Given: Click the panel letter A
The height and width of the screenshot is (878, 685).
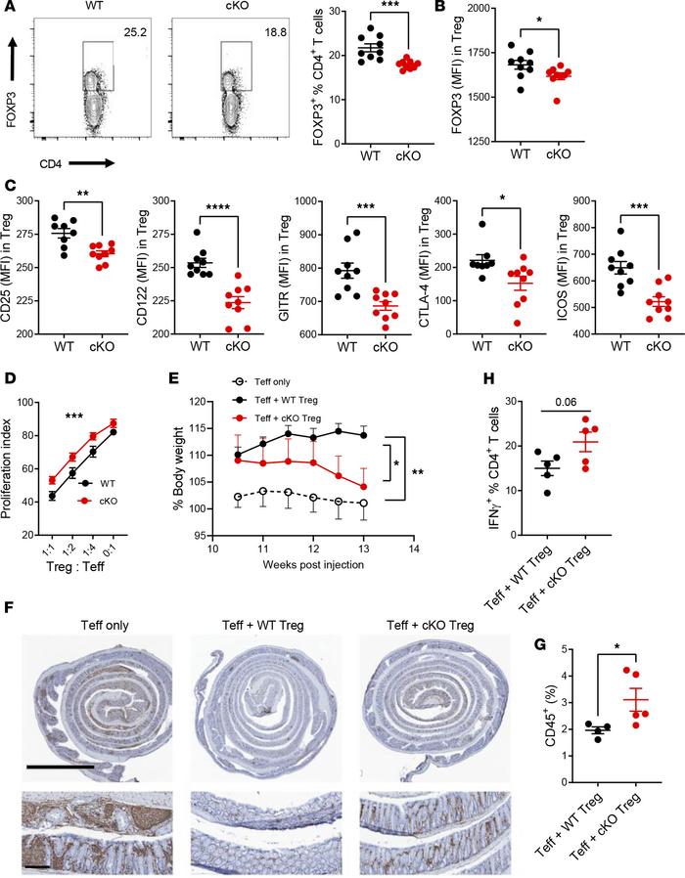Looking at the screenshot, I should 9,9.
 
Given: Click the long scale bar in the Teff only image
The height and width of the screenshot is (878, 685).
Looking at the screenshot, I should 60,766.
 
